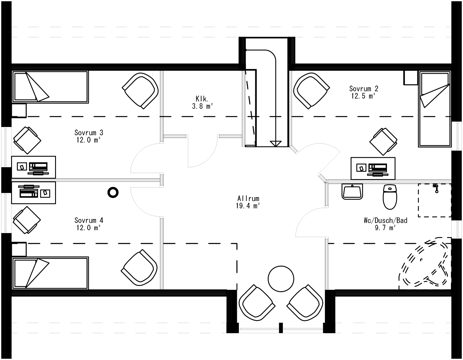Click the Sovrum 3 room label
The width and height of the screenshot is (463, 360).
coord(89,133)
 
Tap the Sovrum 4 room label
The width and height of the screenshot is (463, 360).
coord(89,220)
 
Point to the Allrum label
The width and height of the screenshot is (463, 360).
coord(248,199)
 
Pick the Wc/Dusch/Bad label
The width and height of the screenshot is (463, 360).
coord(385,220)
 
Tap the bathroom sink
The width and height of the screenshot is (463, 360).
coord(352,192)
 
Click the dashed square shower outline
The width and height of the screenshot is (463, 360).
coord(434,200)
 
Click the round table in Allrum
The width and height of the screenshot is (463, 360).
coord(281,278)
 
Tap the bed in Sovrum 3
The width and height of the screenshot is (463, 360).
coord(50,87)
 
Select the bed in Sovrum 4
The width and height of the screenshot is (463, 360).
coord(50,273)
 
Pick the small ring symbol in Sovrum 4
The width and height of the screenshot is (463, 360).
coord(113,192)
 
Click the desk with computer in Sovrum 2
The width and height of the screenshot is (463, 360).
coord(373,168)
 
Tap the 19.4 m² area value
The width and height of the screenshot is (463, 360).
coord(248,206)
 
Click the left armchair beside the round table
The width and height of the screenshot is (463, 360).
coord(256,303)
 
